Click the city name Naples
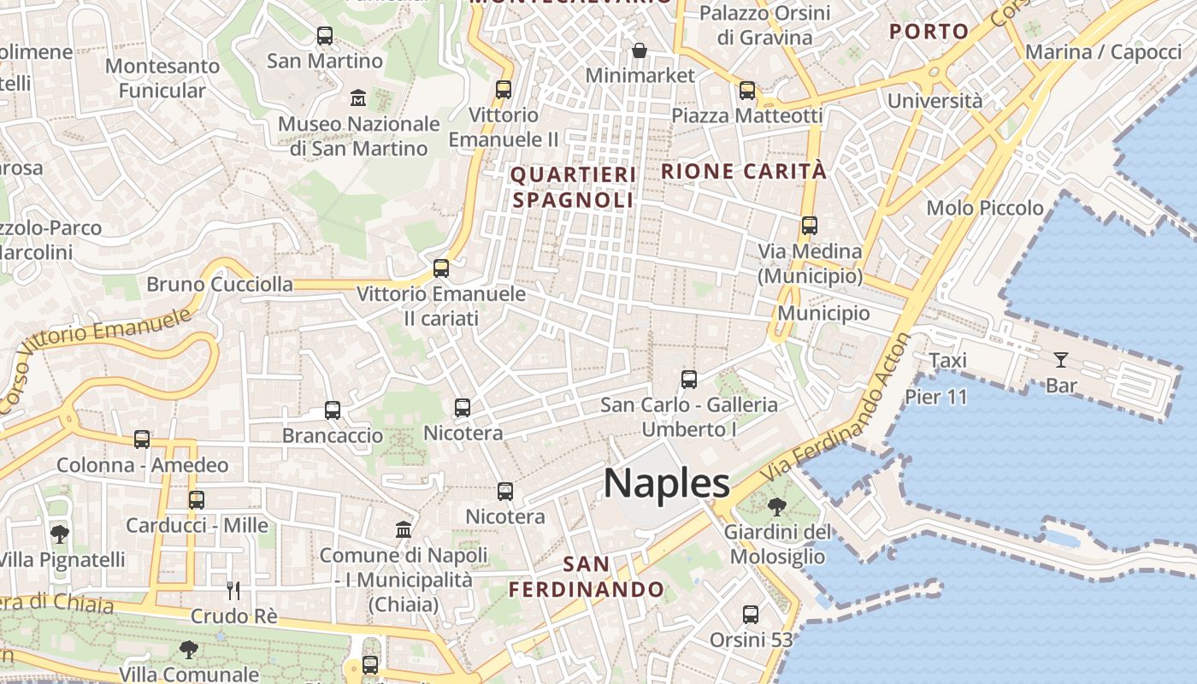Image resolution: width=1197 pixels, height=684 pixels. [667, 483]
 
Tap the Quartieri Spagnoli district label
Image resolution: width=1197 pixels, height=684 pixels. [573, 187]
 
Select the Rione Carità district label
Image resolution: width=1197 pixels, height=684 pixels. [744, 171]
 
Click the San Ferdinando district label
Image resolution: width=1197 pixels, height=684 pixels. [587, 577]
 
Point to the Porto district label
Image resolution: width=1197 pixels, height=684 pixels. [929, 32]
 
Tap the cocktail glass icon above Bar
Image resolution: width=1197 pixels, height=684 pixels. [1061, 360]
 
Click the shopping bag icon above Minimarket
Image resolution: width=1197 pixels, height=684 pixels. [639, 51]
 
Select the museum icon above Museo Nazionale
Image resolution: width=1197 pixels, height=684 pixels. [358, 98]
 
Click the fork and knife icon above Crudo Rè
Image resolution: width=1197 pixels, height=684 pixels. [233, 590]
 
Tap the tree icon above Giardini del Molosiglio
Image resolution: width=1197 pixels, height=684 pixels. [777, 507]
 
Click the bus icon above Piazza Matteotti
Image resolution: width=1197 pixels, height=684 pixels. [747, 91]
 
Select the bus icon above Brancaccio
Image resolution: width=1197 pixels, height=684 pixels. [333, 410]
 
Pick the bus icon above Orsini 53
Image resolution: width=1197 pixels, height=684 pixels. [751, 615]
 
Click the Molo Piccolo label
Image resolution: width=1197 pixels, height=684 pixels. [985, 208]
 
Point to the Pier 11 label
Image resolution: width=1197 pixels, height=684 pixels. [936, 397]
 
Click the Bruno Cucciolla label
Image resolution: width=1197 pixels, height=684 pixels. [220, 285]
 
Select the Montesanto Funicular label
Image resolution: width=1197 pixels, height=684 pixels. [162, 78]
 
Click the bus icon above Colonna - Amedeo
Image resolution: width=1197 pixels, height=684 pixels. [142, 439]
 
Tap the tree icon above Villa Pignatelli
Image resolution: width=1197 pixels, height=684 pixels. [60, 535]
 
